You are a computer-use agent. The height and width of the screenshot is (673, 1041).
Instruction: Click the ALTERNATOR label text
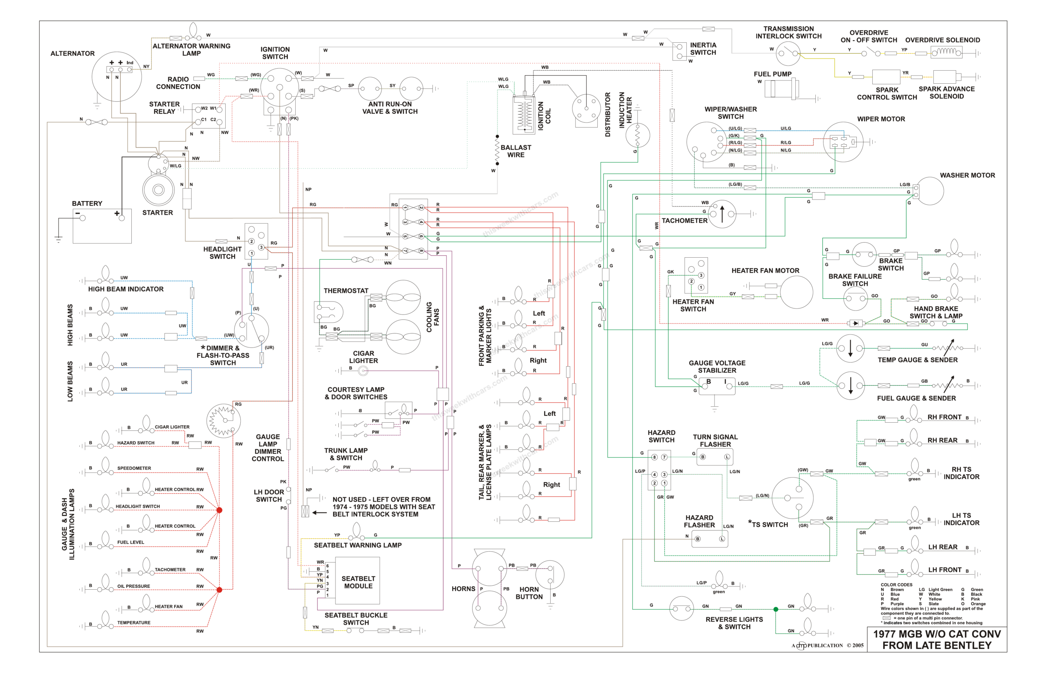click(72, 53)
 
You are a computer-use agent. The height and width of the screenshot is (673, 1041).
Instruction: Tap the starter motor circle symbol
click(158, 190)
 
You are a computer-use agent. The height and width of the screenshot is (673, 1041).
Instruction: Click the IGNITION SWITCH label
click(274, 53)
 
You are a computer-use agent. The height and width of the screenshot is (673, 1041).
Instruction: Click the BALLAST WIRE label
click(516, 151)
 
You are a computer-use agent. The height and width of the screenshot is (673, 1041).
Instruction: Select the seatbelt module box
click(357, 580)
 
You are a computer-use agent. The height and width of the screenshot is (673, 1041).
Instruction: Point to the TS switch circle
click(792, 498)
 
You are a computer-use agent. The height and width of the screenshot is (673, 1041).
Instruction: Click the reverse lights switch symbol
click(681, 608)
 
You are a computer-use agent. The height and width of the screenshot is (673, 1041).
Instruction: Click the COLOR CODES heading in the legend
click(896, 584)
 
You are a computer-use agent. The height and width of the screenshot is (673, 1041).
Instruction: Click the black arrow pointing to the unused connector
click(319, 512)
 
